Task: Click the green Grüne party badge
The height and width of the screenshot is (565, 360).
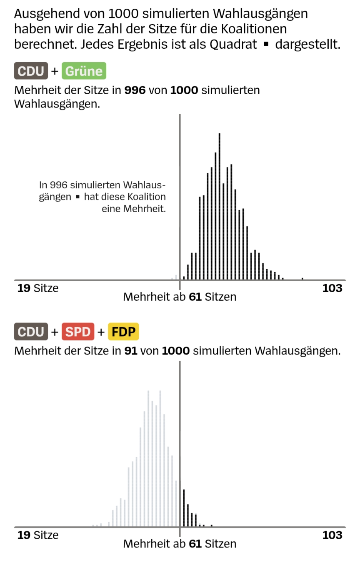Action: pyautogui.click(x=84, y=71)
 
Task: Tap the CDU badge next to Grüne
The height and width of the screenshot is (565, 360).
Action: pyautogui.click(x=31, y=71)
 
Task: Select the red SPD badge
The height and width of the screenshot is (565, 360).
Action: pyautogui.click(x=78, y=332)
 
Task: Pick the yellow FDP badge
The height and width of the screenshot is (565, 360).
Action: pyautogui.click(x=123, y=332)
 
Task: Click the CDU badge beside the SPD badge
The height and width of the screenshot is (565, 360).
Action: pyautogui.click(x=31, y=332)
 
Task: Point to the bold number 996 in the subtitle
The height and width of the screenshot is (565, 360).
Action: pyautogui.click(x=135, y=90)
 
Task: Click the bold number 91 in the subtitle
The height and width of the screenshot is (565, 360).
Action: pyautogui.click(x=131, y=351)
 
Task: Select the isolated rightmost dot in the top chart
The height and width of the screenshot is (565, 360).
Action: pyautogui.click(x=302, y=278)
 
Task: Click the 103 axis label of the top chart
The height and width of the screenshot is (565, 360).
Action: pyautogui.click(x=332, y=288)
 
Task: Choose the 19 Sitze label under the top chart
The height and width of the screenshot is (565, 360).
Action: pyautogui.click(x=37, y=288)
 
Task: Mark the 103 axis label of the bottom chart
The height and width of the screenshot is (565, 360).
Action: pyautogui.click(x=332, y=535)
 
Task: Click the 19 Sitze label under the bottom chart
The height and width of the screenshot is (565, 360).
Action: pyautogui.click(x=37, y=535)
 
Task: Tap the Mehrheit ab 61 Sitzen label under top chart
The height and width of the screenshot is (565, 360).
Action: pyautogui.click(x=180, y=297)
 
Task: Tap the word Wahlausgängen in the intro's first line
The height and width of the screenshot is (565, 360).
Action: pyautogui.click(x=260, y=14)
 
